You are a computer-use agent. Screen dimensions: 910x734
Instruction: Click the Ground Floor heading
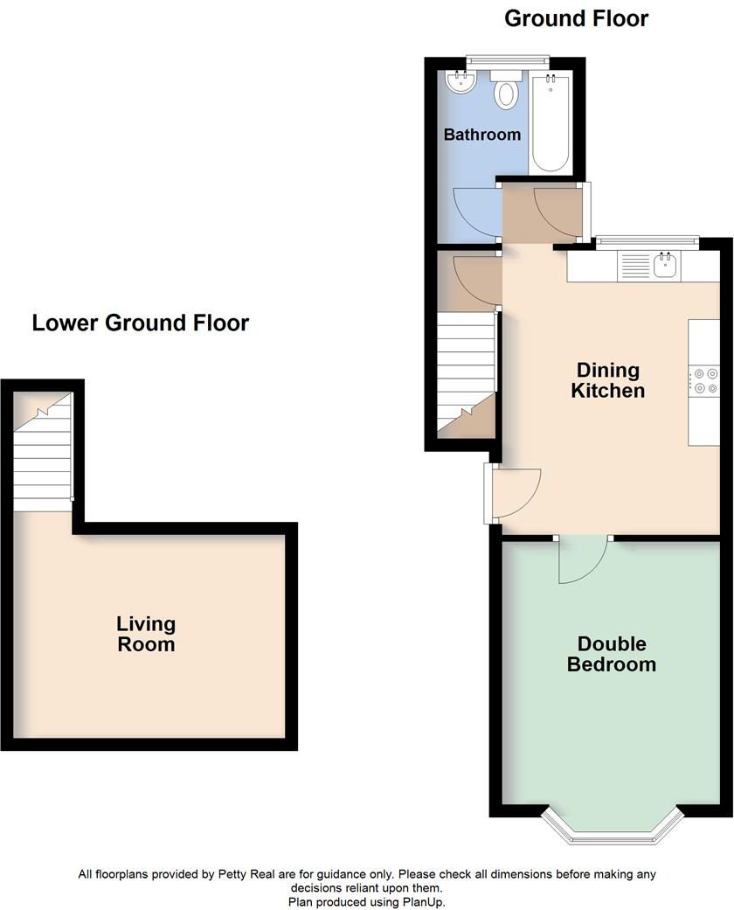[577, 18]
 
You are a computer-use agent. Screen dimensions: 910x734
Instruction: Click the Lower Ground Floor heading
[141, 323]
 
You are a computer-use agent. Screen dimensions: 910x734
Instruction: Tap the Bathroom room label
[481, 135]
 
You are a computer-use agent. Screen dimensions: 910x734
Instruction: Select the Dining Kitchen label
[607, 380]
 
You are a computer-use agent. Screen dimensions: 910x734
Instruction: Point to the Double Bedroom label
[611, 654]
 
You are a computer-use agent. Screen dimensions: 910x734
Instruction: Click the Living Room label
[146, 635]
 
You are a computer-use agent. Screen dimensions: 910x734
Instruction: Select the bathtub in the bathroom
[550, 122]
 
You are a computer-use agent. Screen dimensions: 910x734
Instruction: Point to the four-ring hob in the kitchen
[704, 382]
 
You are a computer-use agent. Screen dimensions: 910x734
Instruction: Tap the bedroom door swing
[578, 559]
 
